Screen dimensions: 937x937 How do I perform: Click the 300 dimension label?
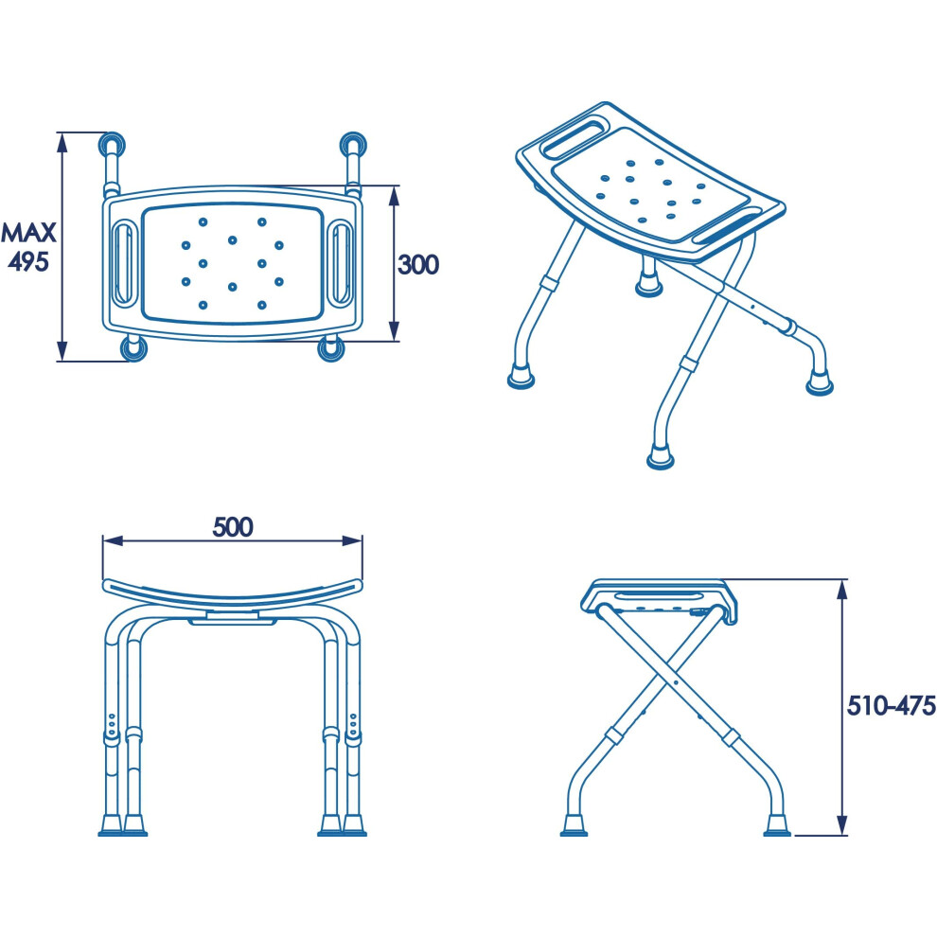coord(418,265)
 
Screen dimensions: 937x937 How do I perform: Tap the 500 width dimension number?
coord(233,526)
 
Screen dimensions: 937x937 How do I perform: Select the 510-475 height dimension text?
coord(891,706)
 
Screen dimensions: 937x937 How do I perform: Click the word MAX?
coord(28,233)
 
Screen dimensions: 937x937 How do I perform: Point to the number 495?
coord(28,262)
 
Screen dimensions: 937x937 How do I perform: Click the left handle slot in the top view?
coord(125,263)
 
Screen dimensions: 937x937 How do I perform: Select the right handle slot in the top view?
coord(342,263)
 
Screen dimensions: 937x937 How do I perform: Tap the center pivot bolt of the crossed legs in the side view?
coord(674,681)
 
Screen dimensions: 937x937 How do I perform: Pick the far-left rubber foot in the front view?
coord(111,825)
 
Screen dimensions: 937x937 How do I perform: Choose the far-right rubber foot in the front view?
coord(354,825)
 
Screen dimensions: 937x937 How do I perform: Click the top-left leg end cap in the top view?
coord(112,145)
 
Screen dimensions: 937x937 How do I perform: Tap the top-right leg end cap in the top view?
coord(353,145)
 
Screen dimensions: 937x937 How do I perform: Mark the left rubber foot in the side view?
coord(575,825)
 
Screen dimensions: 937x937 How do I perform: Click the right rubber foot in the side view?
coord(777,825)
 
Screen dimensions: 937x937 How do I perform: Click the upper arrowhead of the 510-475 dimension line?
coord(842,589)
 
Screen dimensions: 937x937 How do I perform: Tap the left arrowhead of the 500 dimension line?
coord(113,540)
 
